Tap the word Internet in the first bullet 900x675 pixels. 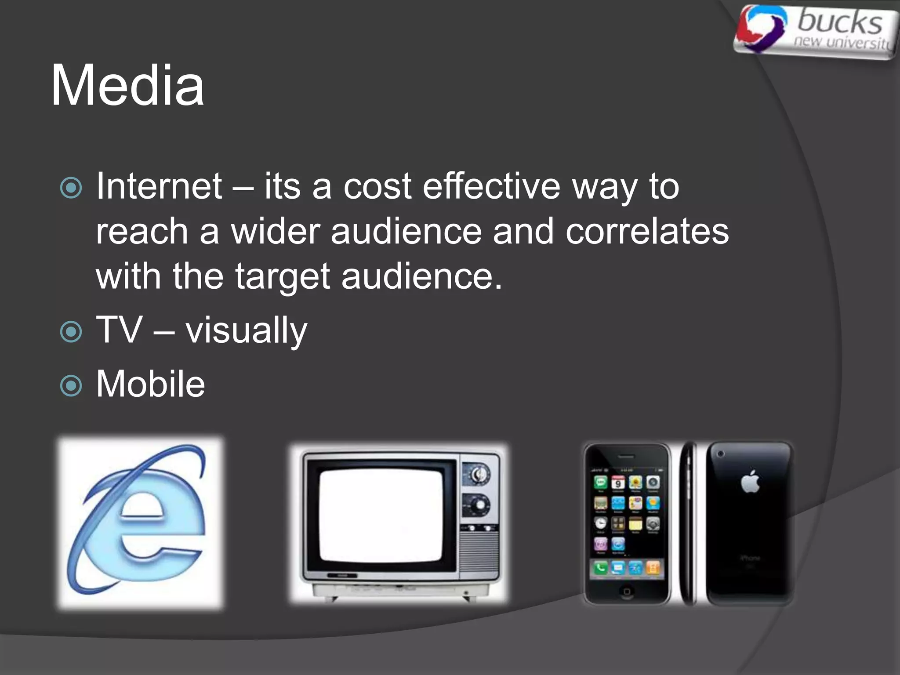tap(159, 186)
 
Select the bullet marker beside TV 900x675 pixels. tap(71, 332)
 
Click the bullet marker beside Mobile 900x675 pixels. tap(71, 385)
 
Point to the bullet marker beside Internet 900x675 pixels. tap(71, 188)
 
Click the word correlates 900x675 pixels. tap(647, 232)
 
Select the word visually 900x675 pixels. tap(246, 330)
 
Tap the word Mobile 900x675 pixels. tap(150, 384)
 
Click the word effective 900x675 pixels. tap(491, 186)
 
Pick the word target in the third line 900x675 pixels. tap(282, 277)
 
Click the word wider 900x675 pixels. tap(275, 232)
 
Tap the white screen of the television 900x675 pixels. tap(381, 515)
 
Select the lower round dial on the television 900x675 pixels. tap(478, 505)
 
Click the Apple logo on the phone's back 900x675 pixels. tap(750, 482)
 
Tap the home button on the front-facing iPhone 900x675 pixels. tap(627, 592)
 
